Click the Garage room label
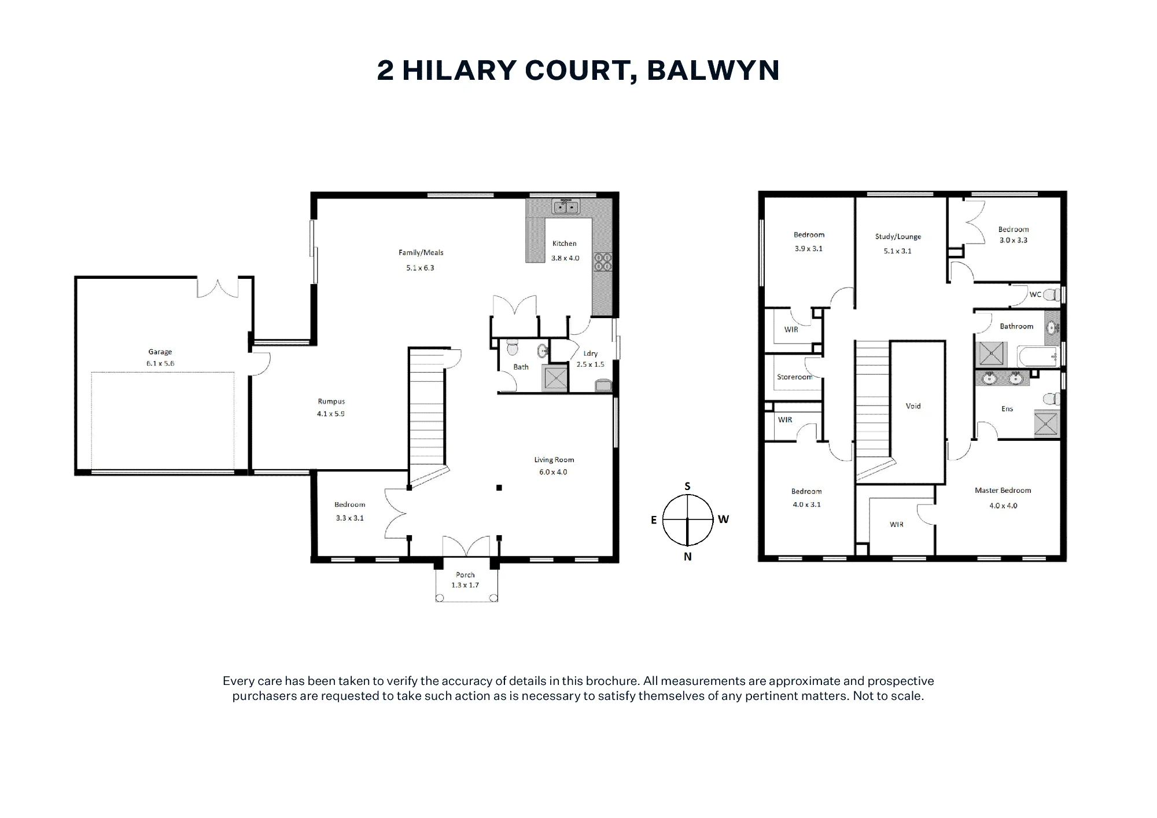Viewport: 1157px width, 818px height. [160, 352]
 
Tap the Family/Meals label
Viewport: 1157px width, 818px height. [421, 253]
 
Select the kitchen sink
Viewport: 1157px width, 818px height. [566, 206]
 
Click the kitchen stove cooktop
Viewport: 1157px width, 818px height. [603, 262]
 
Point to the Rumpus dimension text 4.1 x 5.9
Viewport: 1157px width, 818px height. [331, 414]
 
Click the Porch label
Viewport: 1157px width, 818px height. [465, 575]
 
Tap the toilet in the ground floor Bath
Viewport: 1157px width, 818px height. [512, 348]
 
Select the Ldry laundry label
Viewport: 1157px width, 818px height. [591, 353]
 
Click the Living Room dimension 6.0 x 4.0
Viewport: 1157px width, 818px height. [554, 472]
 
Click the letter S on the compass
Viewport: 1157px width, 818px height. [687, 487]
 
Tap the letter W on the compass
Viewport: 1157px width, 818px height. [723, 519]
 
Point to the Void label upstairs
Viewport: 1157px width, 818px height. [913, 406]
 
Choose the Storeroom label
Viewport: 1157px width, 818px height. [795, 377]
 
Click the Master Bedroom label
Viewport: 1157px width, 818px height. [1003, 491]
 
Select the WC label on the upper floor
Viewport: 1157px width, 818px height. [1036, 294]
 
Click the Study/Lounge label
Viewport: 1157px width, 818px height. [898, 237]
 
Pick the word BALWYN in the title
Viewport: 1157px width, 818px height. [713, 70]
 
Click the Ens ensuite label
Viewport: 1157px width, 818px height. [1007, 409]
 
